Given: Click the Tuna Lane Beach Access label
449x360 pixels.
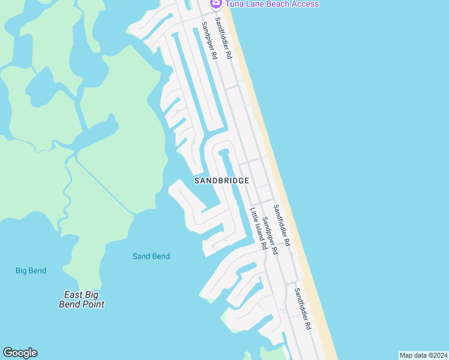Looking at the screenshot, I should coord(272,4).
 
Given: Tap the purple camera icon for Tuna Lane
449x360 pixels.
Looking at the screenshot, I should coord(215,3).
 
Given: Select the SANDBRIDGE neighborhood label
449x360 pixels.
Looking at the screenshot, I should coord(221,180).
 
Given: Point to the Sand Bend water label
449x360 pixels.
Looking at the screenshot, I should coord(151,256).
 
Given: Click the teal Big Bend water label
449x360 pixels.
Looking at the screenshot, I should coord(31,271).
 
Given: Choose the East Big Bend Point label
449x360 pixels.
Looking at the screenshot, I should coord(82,299).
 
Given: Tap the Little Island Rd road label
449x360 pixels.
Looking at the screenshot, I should coord(258,229).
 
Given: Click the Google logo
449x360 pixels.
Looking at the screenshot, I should coord(20,353).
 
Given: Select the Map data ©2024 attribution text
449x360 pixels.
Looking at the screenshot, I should coord(423,355).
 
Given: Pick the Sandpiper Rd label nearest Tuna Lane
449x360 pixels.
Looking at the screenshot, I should coord(209,40).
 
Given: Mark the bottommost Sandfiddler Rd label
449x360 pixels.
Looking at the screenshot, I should coord(302,308).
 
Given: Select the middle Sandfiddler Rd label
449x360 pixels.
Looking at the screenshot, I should coord(282,226).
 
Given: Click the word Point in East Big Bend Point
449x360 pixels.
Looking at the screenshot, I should coord(93,304).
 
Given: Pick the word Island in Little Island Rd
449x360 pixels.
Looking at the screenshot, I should coord(258,229).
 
